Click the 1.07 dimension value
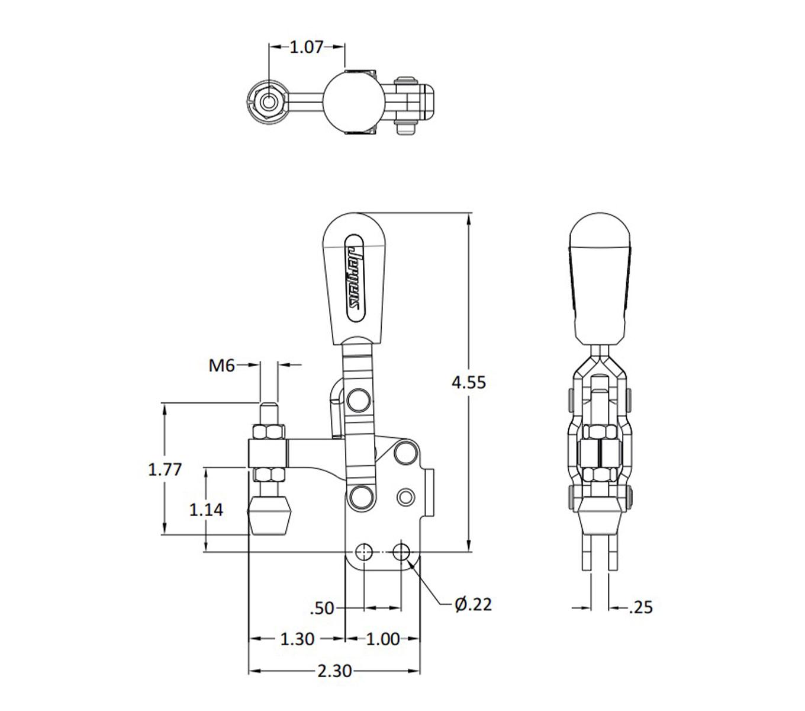point(306,47)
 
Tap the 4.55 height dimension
point(468,382)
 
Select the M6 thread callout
point(221,366)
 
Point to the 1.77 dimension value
point(165,469)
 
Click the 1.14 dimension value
point(206,509)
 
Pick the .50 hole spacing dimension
point(322,608)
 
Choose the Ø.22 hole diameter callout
point(474,604)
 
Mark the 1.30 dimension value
point(297,639)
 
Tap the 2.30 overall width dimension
point(334,671)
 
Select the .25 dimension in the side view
point(640,607)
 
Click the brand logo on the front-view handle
point(355,277)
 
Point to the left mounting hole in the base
point(363,552)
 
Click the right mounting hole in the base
point(402,552)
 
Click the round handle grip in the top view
point(346,101)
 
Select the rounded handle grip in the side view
point(598,278)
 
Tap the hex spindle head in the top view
point(269,101)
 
